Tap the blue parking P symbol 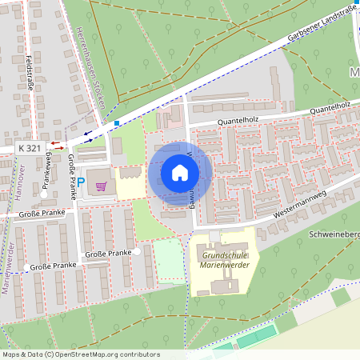click(x=81, y=182)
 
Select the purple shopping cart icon click(x=101, y=186)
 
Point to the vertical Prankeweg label click(x=47, y=168)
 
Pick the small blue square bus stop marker click(x=117, y=123)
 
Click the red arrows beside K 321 click(x=58, y=145)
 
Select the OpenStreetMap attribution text click(x=80, y=354)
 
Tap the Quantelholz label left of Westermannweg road click(x=216, y=122)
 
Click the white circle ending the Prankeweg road click(x=44, y=194)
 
